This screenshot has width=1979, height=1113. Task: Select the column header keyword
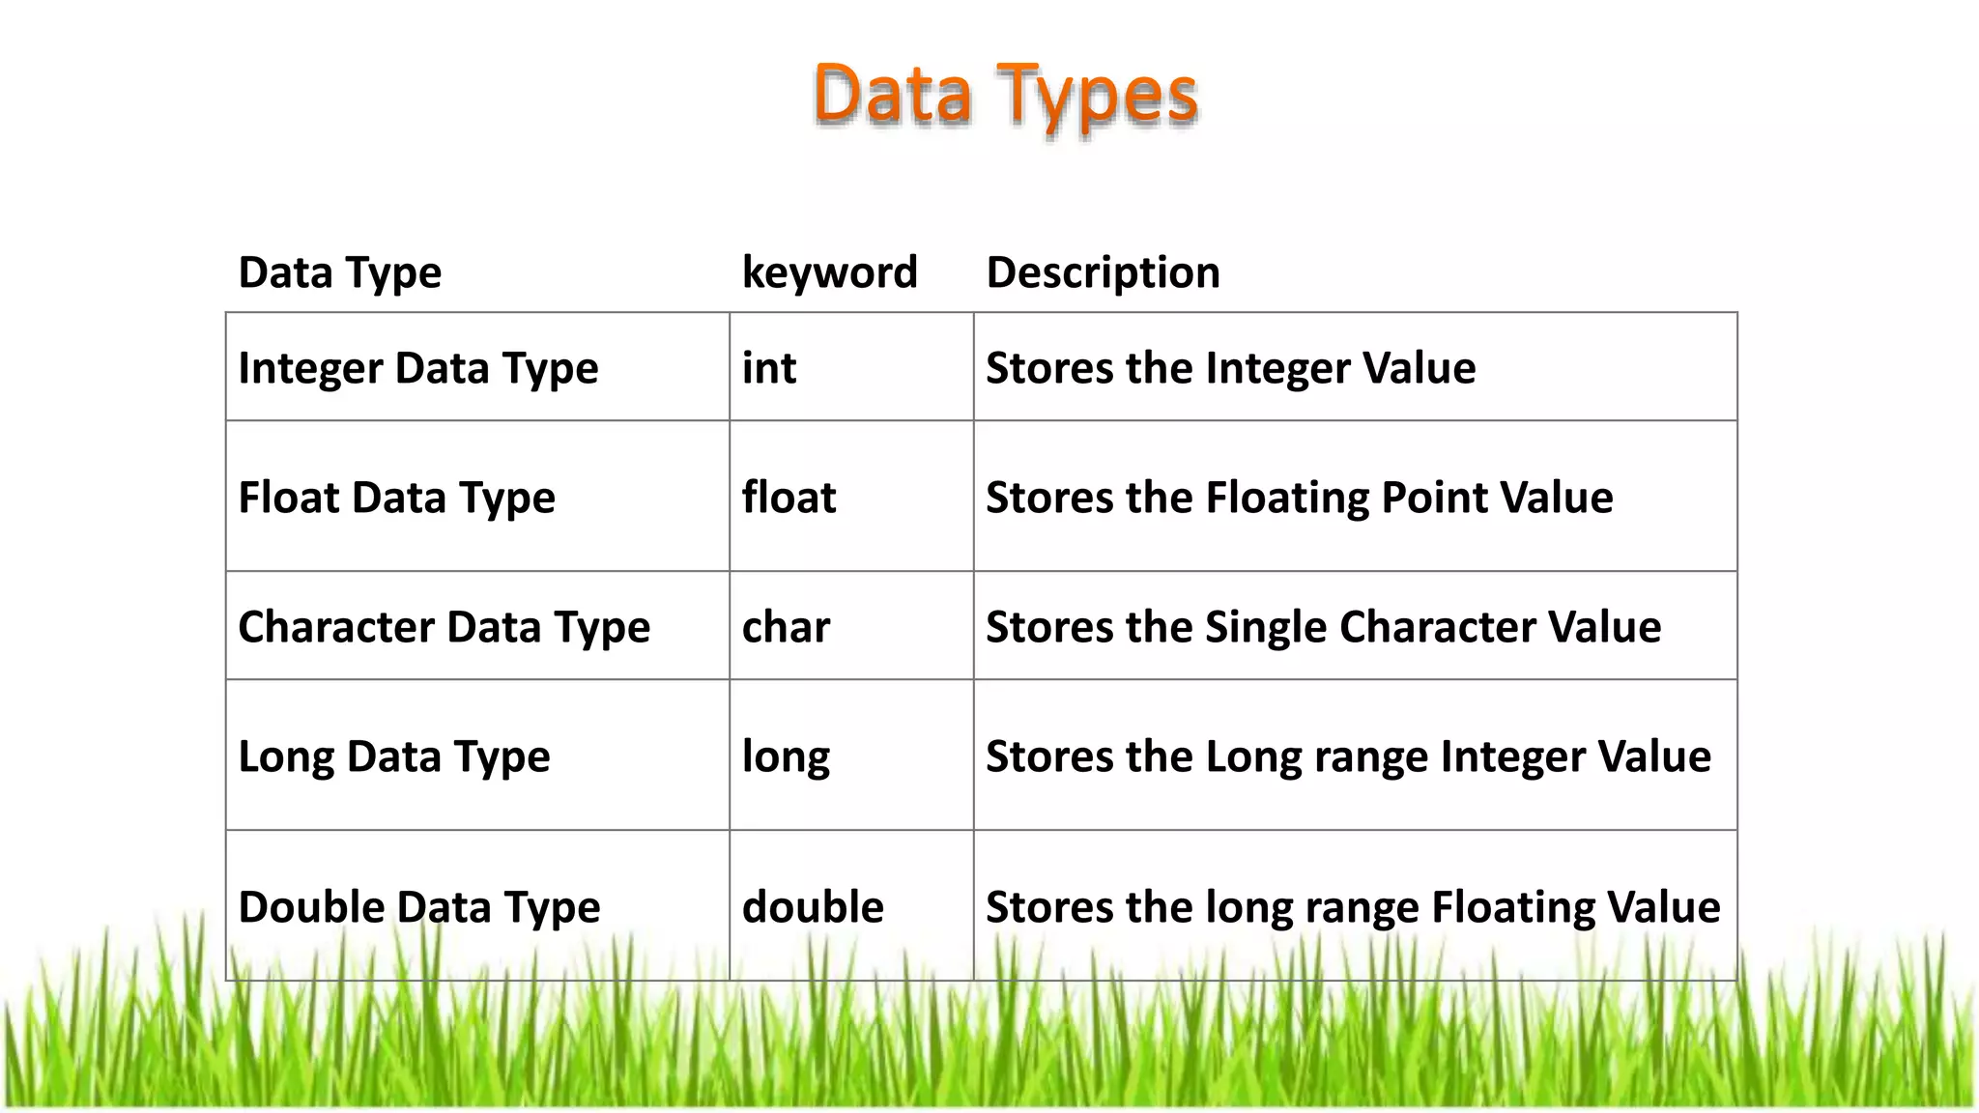(829, 272)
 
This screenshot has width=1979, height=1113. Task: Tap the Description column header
(1103, 272)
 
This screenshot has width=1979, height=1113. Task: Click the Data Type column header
(339, 272)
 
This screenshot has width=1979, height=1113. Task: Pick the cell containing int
(769, 368)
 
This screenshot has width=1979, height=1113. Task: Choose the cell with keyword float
(789, 498)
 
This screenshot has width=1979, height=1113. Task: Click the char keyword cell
(786, 627)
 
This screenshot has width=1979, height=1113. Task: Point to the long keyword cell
(786, 756)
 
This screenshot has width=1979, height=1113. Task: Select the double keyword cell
(813, 907)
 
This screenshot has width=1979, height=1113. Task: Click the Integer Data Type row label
(417, 368)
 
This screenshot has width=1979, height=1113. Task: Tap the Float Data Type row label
(396, 498)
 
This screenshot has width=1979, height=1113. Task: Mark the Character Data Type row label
(444, 627)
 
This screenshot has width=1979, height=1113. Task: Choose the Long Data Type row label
(393, 756)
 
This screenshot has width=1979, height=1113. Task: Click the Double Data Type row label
(418, 907)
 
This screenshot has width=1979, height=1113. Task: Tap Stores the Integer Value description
(1230, 368)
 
